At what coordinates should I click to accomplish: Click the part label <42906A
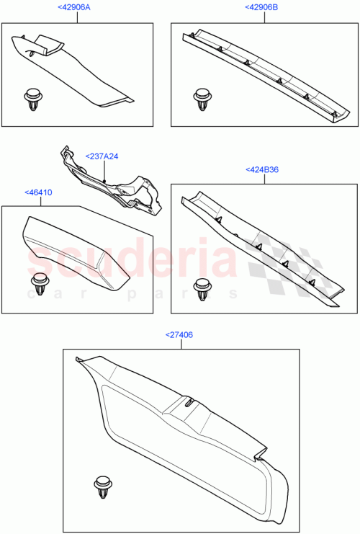[75, 8]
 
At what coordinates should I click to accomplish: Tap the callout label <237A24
[102, 156]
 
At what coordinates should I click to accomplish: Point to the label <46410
[37, 193]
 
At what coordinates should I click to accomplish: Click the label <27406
[179, 335]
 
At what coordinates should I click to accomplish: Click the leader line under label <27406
[181, 344]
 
